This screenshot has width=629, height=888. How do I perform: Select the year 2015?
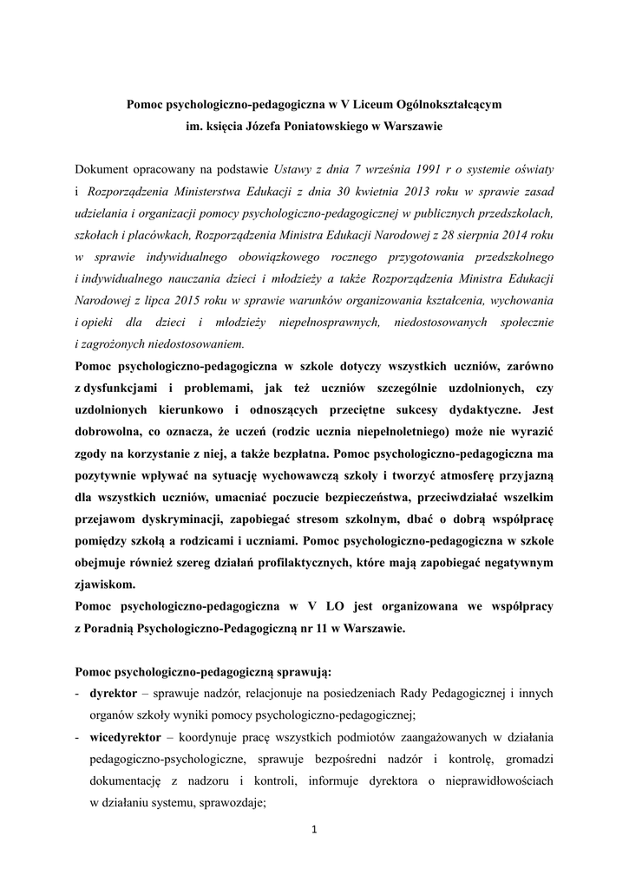[177, 300]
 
